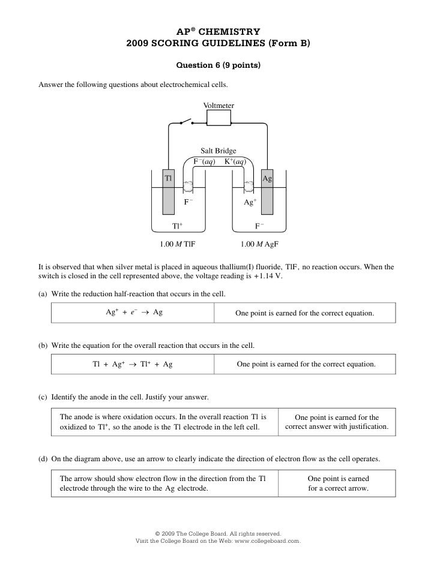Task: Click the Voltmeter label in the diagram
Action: click(x=218, y=106)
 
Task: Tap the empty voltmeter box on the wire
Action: click(x=218, y=119)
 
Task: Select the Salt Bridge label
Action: click(x=218, y=151)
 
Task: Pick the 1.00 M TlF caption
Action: click(x=177, y=245)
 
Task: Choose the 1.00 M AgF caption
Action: click(x=259, y=245)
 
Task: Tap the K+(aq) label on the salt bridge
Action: click(x=234, y=161)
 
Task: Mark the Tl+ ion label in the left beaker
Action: click(x=177, y=226)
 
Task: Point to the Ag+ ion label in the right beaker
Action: click(x=250, y=203)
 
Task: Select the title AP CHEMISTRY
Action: click(x=218, y=31)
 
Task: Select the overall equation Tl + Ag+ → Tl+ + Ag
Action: click(x=133, y=364)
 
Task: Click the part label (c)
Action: click(x=43, y=397)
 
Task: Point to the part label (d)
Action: click(x=43, y=459)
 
